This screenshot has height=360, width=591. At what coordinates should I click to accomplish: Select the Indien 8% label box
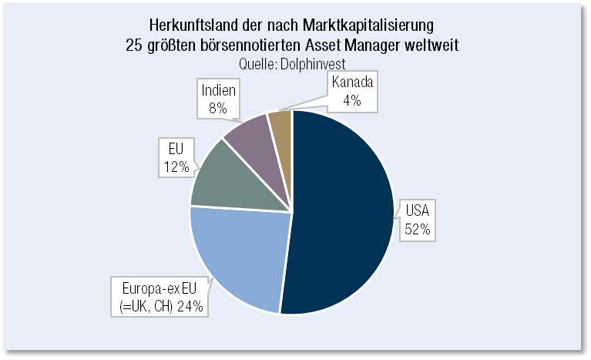(x=217, y=98)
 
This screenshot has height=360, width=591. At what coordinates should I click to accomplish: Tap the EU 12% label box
(x=175, y=156)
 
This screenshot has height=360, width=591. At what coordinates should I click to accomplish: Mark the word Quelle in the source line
(x=257, y=62)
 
